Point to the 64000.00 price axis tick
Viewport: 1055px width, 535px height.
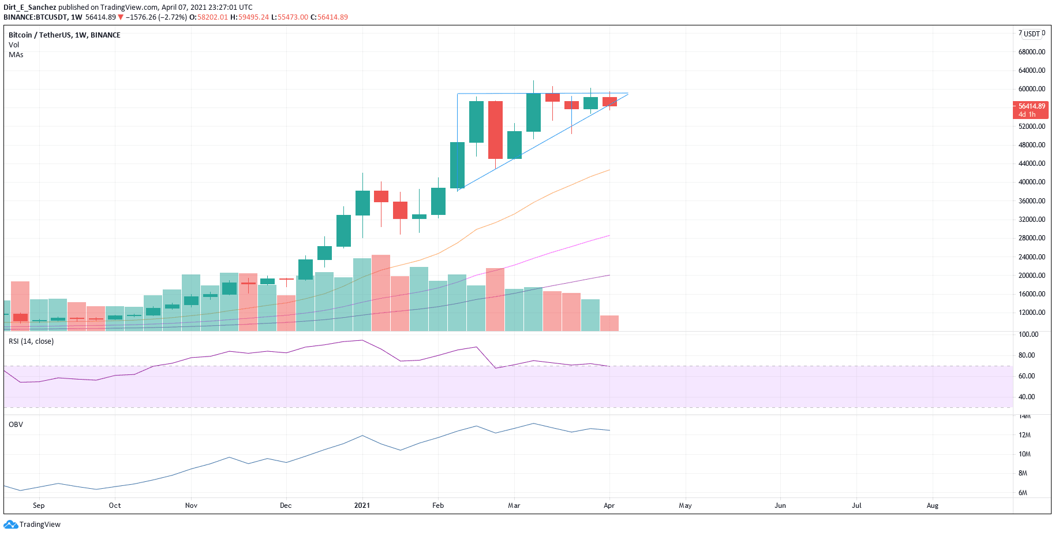[1031, 70]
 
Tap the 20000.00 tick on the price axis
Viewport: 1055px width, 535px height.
[1031, 276]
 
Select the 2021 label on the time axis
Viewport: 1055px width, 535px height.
[362, 506]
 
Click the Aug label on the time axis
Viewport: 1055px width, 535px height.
[932, 506]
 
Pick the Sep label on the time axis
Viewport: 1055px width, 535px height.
[39, 506]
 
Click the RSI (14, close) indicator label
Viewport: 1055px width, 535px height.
[31, 341]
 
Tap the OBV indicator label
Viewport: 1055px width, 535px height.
[16, 425]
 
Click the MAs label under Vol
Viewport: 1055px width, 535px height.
[16, 55]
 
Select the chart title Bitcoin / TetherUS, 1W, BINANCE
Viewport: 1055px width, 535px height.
[65, 35]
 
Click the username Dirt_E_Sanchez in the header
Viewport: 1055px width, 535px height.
[30, 8]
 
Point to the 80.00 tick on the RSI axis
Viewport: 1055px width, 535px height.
[1026, 355]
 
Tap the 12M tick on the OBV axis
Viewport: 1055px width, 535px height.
[1024, 435]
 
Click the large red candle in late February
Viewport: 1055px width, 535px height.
[495, 130]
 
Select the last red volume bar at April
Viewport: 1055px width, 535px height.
[609, 323]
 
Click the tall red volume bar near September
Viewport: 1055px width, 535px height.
[20, 306]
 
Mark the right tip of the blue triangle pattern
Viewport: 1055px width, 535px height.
[628, 94]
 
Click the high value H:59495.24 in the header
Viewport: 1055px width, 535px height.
[249, 17]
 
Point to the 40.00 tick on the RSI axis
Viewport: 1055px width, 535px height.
[1026, 397]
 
